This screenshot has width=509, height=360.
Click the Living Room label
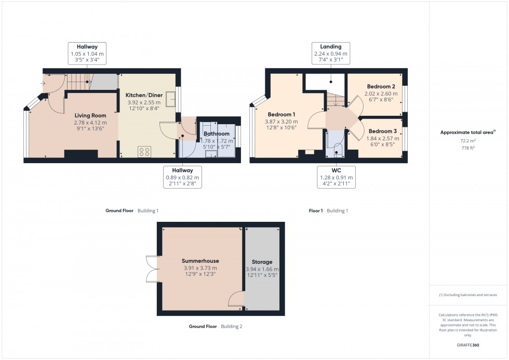(x=90, y=115)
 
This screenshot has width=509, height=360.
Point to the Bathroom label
(x=217, y=134)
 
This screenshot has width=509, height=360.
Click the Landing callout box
(x=330, y=54)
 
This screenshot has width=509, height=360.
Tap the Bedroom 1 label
(x=282, y=114)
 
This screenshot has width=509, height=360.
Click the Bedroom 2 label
(x=381, y=86)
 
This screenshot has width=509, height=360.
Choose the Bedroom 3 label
(x=383, y=131)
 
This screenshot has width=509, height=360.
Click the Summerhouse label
(x=200, y=261)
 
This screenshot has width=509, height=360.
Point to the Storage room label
(x=262, y=262)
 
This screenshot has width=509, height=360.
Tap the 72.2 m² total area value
(x=468, y=141)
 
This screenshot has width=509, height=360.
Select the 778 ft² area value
(x=468, y=148)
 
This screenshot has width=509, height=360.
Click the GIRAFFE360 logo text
(x=468, y=344)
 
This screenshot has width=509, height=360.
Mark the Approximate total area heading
(x=467, y=132)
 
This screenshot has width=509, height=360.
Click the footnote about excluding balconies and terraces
(x=468, y=295)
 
